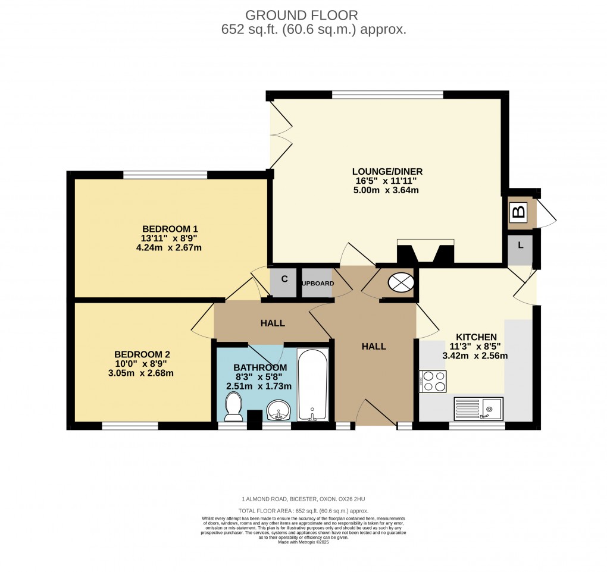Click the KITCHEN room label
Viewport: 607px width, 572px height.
coord(476,337)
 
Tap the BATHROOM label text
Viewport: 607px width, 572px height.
coord(260,367)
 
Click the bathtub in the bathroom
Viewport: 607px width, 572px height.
coord(312,385)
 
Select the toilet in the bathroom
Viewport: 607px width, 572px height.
coord(234,408)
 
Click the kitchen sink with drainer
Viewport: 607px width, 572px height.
coord(478,408)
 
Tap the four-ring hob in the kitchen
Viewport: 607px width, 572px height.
coord(433,381)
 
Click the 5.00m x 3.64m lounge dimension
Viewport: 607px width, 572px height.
coord(386,190)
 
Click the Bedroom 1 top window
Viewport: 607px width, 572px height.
coord(165,174)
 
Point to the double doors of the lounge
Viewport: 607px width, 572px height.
coord(280,134)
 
